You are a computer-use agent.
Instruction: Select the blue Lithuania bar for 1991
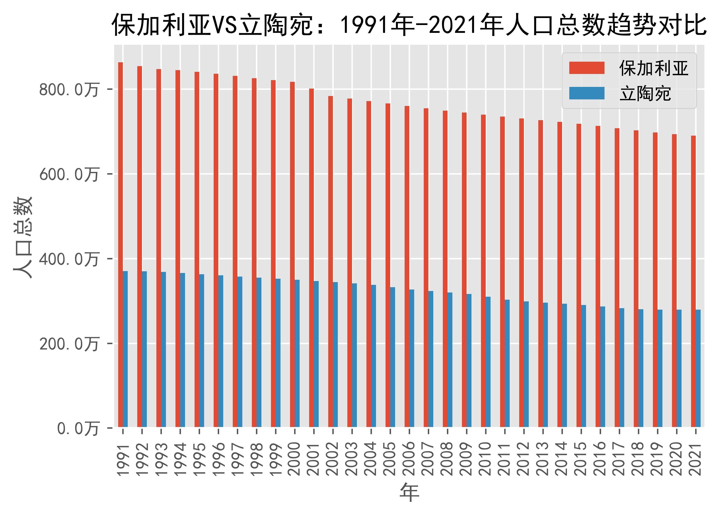125,349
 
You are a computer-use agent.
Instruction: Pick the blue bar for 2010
488,362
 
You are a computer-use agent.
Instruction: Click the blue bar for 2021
698,368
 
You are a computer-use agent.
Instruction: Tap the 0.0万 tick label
78,429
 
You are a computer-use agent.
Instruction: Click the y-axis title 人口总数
23,237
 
